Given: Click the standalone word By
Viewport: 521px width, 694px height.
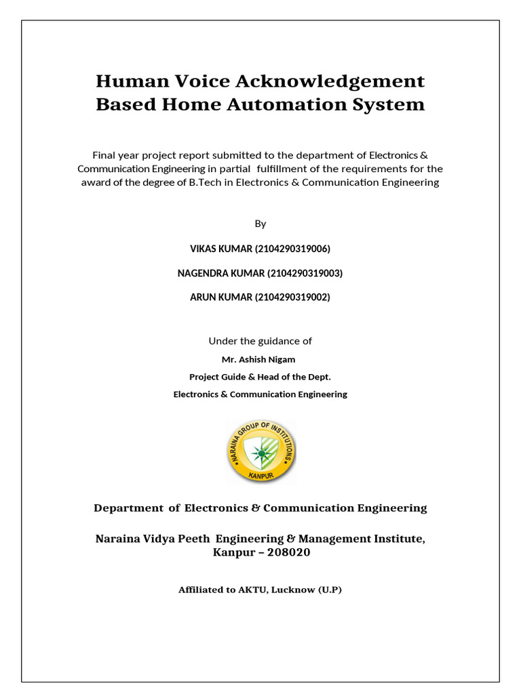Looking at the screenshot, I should [x=260, y=224].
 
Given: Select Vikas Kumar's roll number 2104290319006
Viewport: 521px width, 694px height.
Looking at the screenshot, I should [x=292, y=249].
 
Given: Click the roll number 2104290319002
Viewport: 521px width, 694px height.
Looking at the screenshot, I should [x=292, y=297].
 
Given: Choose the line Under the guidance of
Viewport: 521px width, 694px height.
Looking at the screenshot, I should [x=260, y=341].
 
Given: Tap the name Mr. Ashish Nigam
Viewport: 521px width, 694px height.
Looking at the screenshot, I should [x=260, y=359].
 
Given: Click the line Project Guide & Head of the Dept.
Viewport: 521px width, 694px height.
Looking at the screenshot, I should [x=260, y=377].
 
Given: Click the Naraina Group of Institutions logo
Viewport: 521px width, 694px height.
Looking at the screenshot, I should [x=260, y=451].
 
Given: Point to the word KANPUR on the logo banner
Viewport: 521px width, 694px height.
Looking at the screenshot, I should [x=260, y=475].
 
